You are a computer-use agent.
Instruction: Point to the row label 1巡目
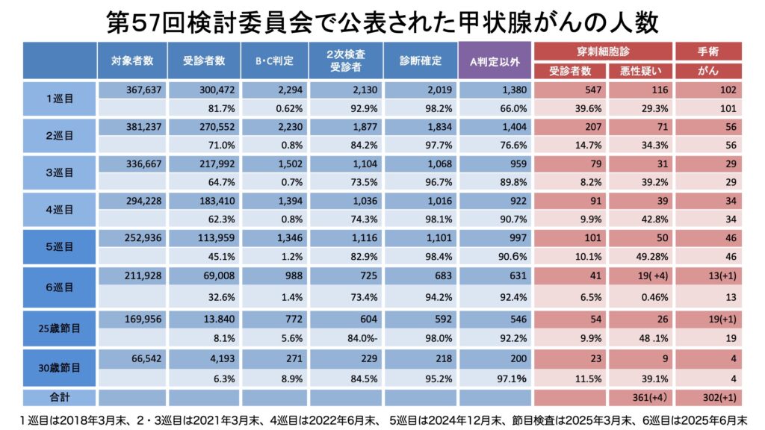60,98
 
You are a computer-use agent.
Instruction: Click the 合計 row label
60,396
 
